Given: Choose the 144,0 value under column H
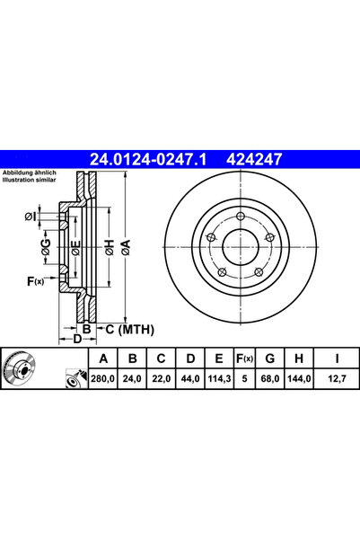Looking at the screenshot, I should coord(293,380).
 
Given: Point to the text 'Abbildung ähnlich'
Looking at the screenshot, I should coord(30,173).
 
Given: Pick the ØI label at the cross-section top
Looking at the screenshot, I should coord(31,216).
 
